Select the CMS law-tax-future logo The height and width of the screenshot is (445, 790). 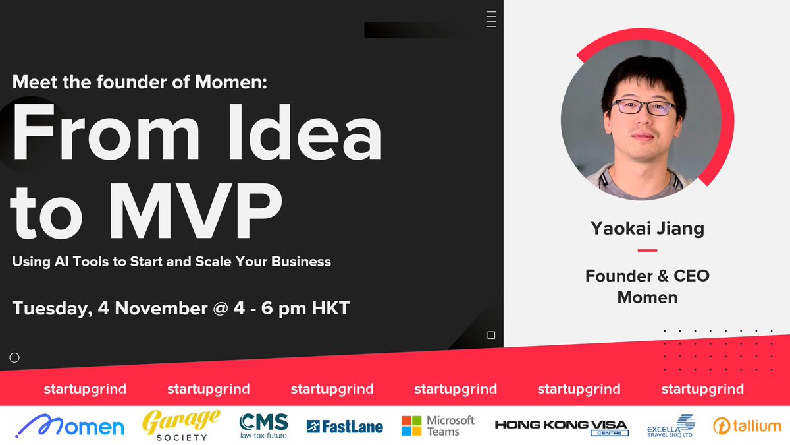[263, 426]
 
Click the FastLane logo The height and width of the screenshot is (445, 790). [345, 427]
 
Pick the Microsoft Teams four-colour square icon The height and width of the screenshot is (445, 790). [411, 425]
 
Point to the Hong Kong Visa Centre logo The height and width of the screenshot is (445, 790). [561, 427]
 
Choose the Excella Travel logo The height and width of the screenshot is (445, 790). [670, 425]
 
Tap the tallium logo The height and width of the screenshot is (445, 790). [747, 426]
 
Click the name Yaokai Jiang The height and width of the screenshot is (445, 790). [647, 229]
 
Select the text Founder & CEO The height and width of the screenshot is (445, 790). [647, 275]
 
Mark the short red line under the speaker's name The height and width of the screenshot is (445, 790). [647, 251]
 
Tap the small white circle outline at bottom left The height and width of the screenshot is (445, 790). [14, 358]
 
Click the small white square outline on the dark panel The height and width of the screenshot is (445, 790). [491, 335]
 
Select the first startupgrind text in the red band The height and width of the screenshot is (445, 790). [85, 389]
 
